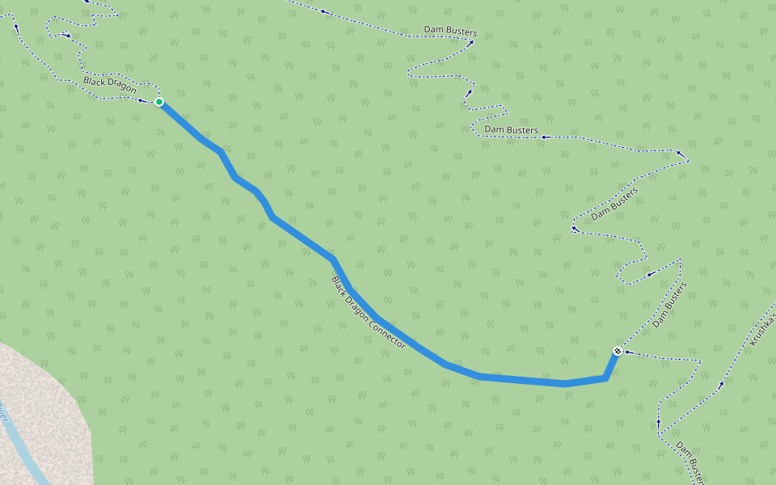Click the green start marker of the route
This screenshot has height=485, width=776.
(x=159, y=102)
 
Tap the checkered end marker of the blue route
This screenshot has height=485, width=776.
(x=618, y=351)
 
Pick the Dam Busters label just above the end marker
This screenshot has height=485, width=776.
(x=669, y=304)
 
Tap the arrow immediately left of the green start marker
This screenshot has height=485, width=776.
(x=141, y=100)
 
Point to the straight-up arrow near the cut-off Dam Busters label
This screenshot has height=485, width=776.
(x=658, y=423)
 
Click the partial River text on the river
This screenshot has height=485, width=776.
(x=3, y=411)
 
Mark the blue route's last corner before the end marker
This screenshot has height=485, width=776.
(x=605, y=377)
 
